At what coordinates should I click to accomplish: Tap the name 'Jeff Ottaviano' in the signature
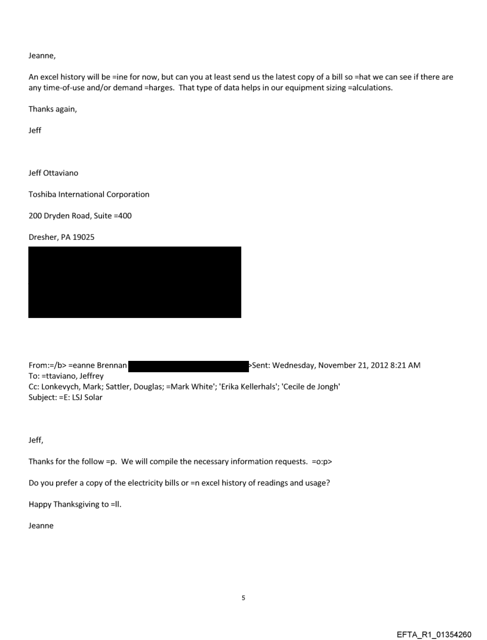(x=53, y=174)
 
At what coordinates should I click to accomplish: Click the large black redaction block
(x=134, y=282)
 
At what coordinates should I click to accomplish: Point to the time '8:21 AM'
(x=406, y=366)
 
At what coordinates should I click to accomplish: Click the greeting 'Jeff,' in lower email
(x=36, y=442)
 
